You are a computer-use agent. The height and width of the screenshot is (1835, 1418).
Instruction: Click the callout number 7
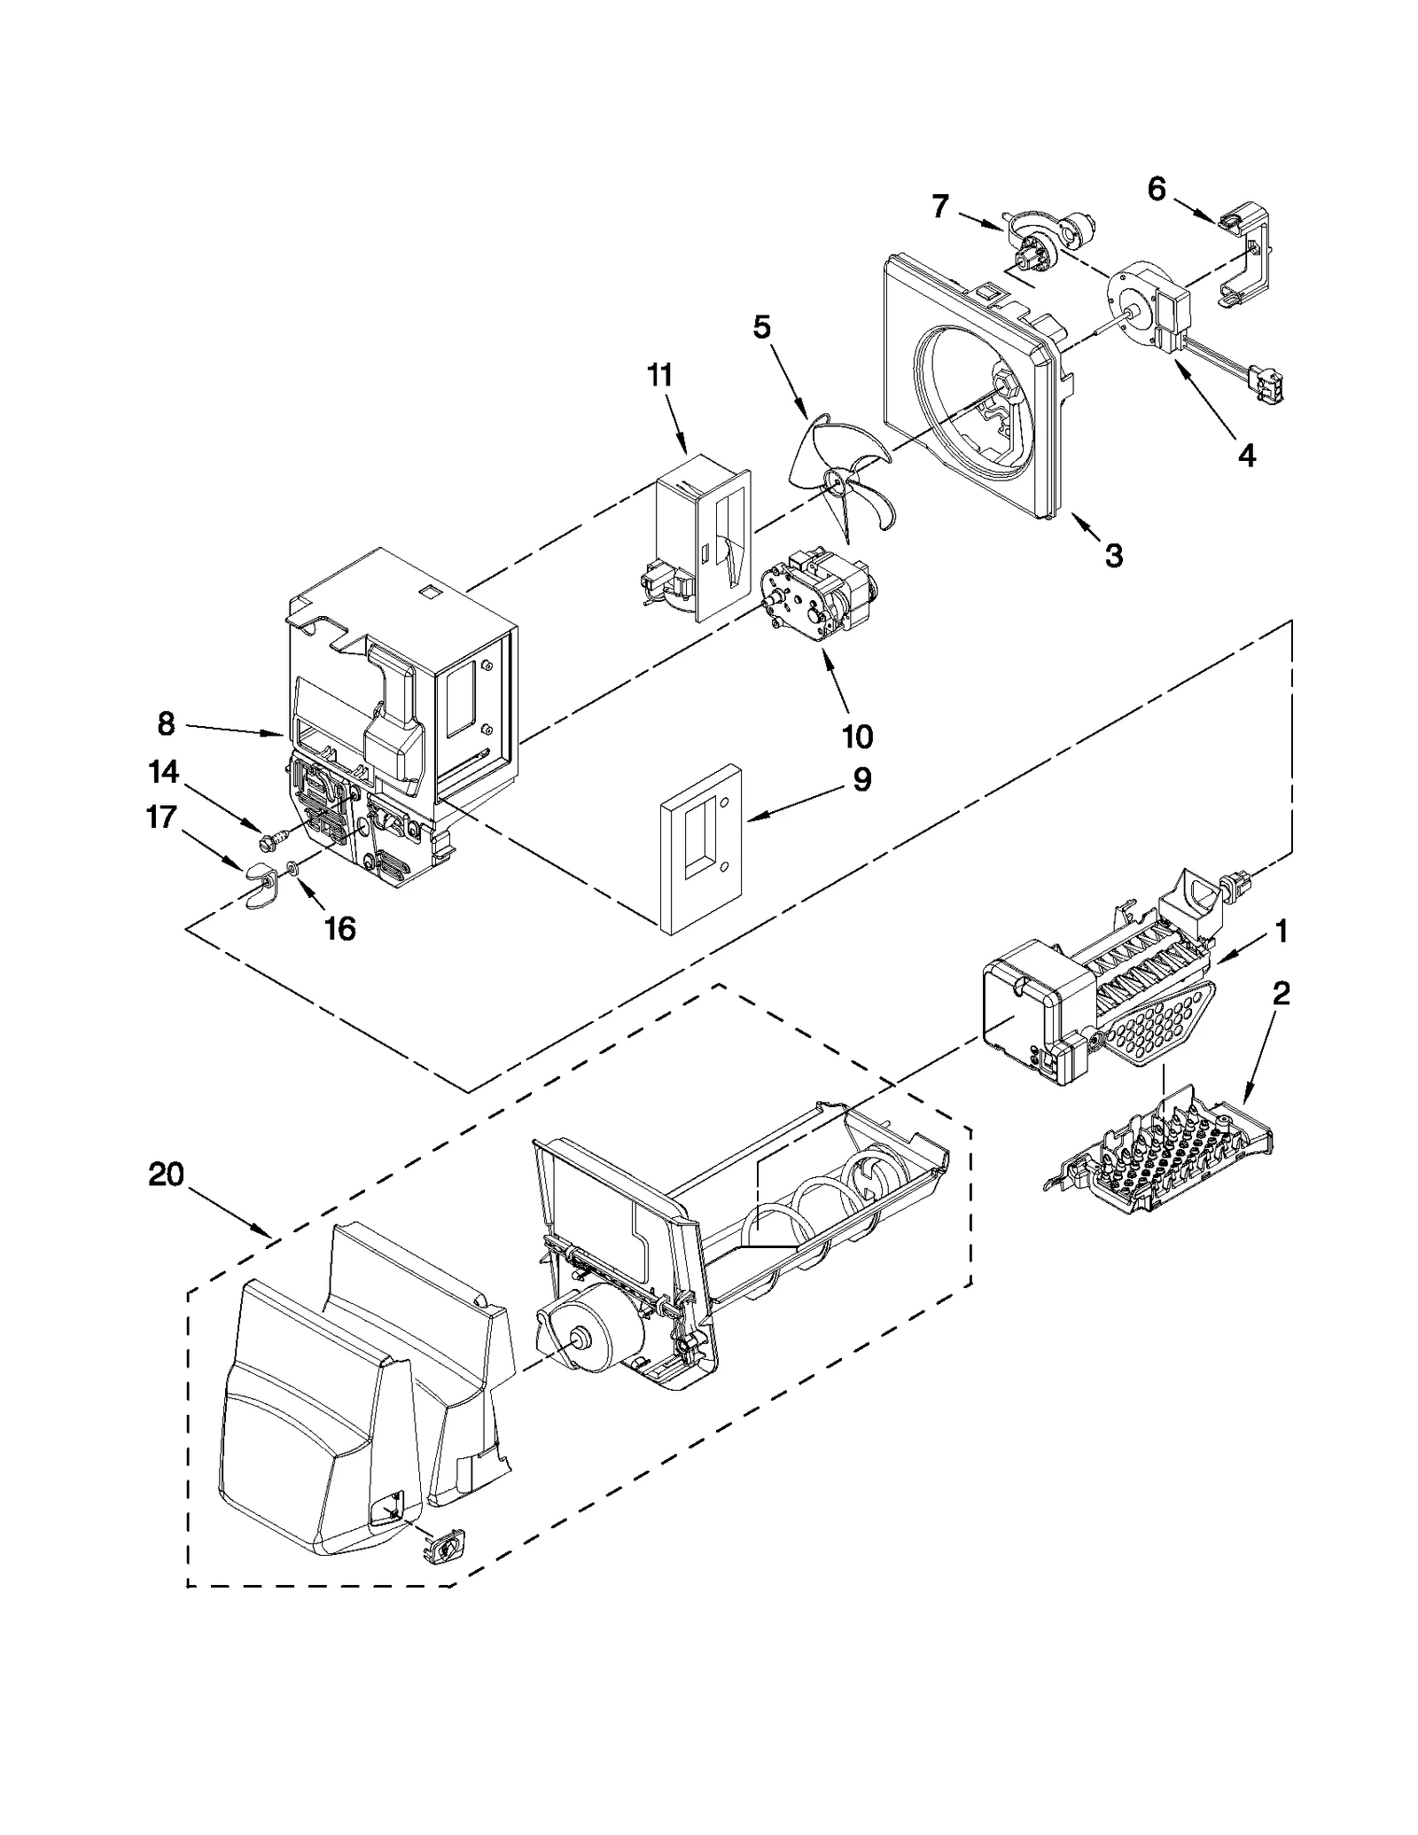pyautogui.click(x=940, y=207)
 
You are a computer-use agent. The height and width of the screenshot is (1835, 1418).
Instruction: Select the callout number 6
pyautogui.click(x=1157, y=189)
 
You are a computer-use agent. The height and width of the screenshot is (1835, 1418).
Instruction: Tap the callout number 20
pyautogui.click(x=167, y=1175)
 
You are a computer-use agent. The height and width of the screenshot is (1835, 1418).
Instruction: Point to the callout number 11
pyautogui.click(x=659, y=376)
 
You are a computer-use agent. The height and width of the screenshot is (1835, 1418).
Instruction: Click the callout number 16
pyautogui.click(x=339, y=928)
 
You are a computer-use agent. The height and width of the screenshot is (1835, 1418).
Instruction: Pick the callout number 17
pyautogui.click(x=160, y=816)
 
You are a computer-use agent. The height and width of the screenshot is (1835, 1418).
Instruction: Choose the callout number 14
pyautogui.click(x=163, y=772)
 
